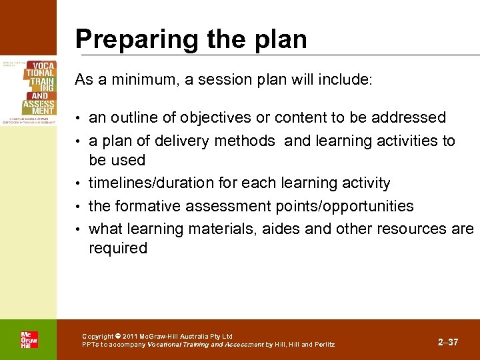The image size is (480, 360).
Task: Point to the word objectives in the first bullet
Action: (223, 118)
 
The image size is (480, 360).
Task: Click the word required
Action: (118, 248)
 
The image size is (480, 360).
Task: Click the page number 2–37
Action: (448, 342)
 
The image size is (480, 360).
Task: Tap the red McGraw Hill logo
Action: (29, 340)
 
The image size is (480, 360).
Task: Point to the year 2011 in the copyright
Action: (131, 337)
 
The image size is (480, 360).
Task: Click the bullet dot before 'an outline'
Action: (80, 119)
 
